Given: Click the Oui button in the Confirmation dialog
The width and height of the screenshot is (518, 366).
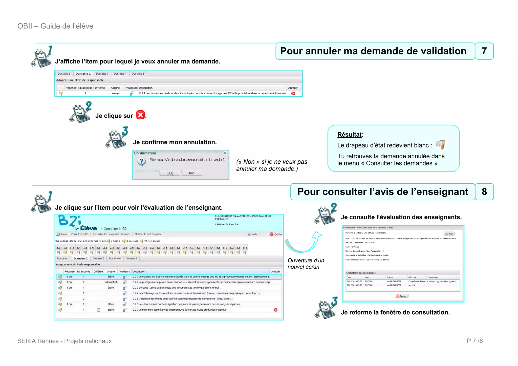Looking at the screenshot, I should coord(170,173).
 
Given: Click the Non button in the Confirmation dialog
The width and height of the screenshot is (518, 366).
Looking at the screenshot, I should coord(192,173).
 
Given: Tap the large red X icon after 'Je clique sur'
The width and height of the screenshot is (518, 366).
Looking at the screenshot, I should coord(140,115).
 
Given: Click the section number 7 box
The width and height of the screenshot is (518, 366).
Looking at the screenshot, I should coord(484,51).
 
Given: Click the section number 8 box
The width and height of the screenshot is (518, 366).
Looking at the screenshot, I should coord(484,192).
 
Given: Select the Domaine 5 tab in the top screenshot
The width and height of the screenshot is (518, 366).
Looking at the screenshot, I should coord(138,74).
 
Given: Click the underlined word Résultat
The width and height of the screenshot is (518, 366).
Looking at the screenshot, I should coord(349,135).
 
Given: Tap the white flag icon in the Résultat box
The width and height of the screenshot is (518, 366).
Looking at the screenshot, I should coord(440,145).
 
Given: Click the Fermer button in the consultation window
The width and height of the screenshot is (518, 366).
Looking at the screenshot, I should coord(402,296).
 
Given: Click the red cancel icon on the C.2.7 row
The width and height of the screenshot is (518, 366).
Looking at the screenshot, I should coord(276,310).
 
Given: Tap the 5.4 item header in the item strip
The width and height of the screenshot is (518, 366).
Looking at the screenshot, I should coord(245,248).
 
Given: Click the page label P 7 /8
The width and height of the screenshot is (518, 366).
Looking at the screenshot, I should coord(475,341).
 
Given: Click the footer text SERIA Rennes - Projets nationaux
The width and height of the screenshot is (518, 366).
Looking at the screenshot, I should coord(64,341).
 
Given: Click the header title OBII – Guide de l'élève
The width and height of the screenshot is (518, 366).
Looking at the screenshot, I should coord(55,26).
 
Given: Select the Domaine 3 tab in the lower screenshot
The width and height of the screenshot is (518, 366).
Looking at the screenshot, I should coord(98,259).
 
